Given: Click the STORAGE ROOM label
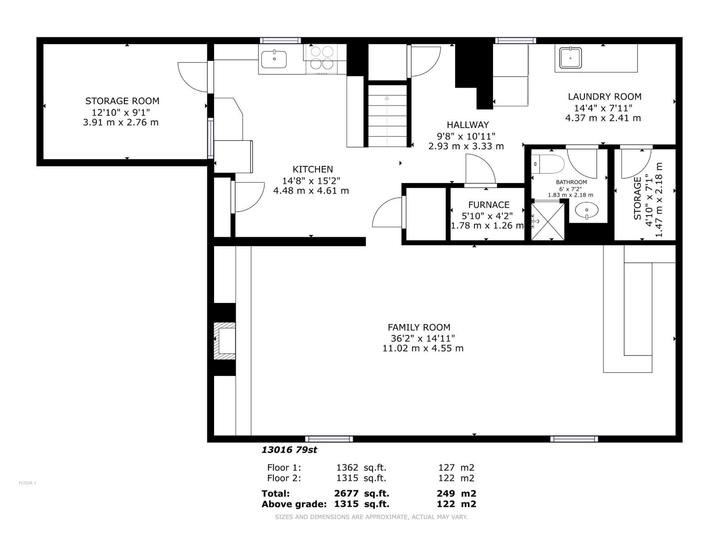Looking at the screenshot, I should (122, 101).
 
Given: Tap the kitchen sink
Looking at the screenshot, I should (274, 59).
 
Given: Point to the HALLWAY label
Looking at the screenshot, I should (467, 125).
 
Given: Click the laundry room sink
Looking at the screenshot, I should (570, 58).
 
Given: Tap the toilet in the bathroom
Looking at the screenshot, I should (550, 164).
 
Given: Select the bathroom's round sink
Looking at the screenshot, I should (587, 210).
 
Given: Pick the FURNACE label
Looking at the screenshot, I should (488, 205).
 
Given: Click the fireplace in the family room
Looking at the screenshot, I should (225, 341).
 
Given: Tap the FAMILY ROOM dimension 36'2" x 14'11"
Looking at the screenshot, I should (422, 338).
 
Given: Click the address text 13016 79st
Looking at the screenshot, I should (290, 449).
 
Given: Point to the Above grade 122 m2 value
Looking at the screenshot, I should (456, 504).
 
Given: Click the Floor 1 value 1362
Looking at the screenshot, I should (347, 468).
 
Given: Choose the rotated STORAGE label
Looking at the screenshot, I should (637, 198).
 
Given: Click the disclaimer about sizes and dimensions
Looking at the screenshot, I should (371, 517).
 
